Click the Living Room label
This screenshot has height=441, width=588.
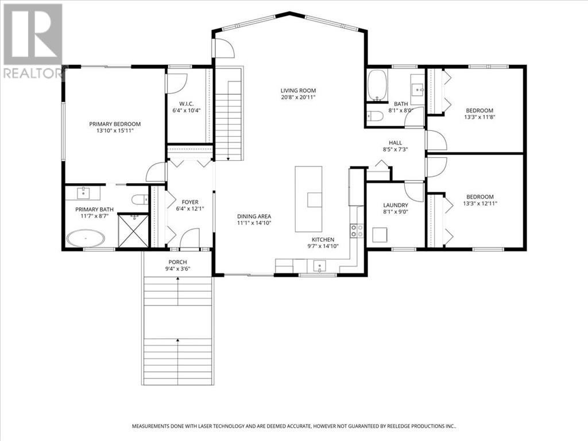click(298, 90)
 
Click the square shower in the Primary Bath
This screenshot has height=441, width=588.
click(133, 230)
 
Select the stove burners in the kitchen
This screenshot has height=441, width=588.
click(357, 230)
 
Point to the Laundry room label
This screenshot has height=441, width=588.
click(396, 205)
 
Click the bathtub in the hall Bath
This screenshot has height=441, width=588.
click(377, 86)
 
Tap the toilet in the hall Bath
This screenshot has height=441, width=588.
click(376, 116)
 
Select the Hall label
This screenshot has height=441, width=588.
click(395, 142)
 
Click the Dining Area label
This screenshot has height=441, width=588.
click(254, 216)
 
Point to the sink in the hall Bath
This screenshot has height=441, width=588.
click(417, 90)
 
